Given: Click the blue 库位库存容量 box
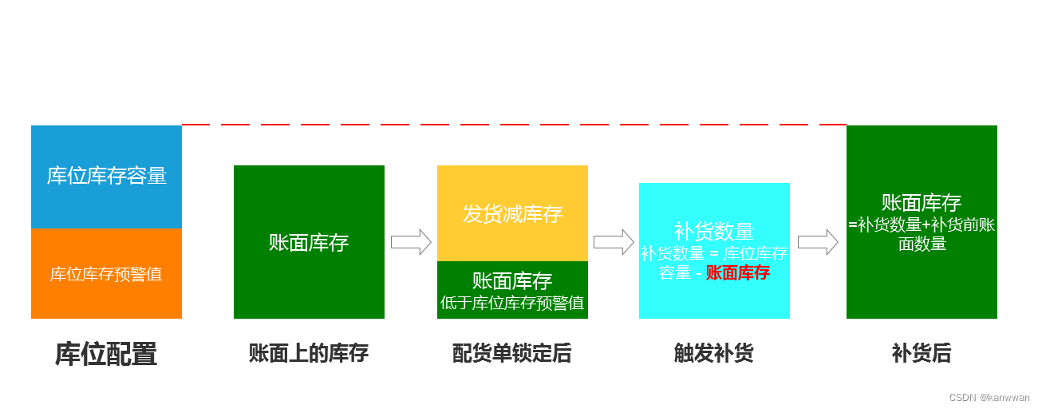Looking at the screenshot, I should (x=106, y=177).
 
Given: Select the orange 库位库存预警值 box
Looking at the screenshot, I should (x=106, y=274).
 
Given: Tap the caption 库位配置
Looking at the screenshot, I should (x=106, y=354).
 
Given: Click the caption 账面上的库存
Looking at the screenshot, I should (x=309, y=353).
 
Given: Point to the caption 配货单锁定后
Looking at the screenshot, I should (x=512, y=353).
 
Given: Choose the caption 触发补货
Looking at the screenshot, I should (x=714, y=353).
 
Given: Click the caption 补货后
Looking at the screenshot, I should (x=922, y=353).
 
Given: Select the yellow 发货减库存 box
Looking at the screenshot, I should (x=512, y=213).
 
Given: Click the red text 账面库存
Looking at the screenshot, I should (x=738, y=272).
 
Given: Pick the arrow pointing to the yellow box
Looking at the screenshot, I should (x=411, y=242).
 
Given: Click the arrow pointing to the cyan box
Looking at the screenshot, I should (x=614, y=242).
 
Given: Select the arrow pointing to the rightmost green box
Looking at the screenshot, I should (x=818, y=242).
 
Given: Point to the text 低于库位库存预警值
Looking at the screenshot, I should (x=512, y=303).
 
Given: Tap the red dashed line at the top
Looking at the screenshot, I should (x=514, y=125).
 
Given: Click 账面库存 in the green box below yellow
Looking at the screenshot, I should (x=512, y=281).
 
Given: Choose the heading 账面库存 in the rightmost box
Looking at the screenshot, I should (x=922, y=203).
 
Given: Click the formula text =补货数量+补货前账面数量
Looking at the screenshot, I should (x=922, y=234).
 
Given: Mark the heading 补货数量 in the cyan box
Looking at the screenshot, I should (x=714, y=232).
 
